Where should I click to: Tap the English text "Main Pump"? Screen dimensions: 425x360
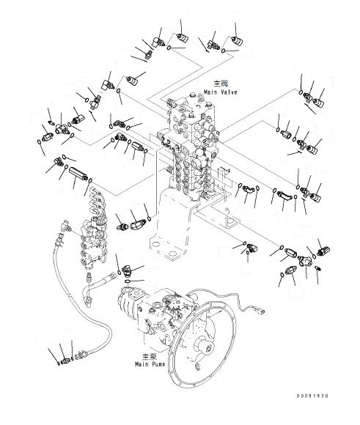point(151,363)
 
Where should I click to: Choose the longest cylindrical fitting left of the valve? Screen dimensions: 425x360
point(78,175)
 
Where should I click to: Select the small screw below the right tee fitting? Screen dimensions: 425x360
point(317,269)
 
